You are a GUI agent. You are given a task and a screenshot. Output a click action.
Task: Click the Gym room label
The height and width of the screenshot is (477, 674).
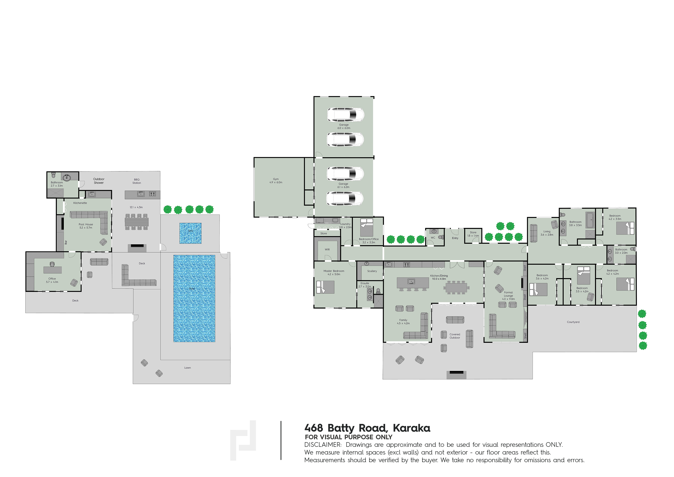coord(276,180)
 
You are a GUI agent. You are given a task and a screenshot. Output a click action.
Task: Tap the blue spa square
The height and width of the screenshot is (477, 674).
coord(190,233)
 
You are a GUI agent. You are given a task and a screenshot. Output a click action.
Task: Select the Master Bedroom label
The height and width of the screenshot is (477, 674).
coord(334,272)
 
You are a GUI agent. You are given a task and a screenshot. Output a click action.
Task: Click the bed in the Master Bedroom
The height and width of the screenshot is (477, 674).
coord(325,287)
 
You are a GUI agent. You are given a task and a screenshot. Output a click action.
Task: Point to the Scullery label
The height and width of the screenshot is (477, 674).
coord(372,271)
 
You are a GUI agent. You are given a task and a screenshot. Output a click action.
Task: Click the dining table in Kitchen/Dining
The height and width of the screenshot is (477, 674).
coord(457,287)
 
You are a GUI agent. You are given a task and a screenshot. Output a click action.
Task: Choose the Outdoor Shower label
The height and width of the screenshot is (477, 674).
coord(99,181)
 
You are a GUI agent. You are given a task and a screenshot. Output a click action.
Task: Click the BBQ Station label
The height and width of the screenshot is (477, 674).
coord(137,181)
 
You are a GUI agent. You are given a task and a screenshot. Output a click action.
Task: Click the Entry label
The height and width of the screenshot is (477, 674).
coord(455,238)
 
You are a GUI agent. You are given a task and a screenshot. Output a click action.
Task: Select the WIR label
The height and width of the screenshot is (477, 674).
coord(327,249)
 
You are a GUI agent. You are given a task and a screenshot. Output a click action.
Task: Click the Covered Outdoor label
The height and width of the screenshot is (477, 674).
coord(455,336)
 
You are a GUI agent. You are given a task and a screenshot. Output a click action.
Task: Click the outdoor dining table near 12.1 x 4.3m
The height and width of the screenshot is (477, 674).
coord(137,222)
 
